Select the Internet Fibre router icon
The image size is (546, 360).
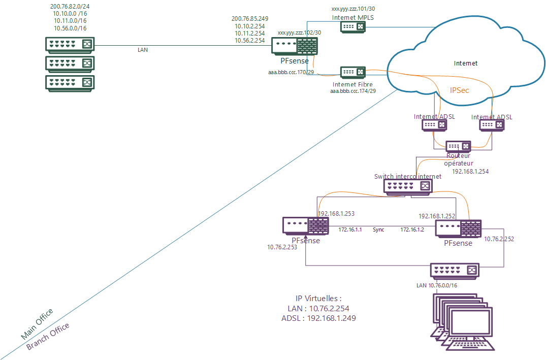(352, 72)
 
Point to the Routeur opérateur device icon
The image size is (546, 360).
(458, 146)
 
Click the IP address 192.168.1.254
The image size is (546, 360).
(470, 172)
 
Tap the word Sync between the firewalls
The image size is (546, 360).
(378, 230)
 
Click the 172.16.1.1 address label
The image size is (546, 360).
(350, 230)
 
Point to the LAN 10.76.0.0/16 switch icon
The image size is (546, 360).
(455, 270)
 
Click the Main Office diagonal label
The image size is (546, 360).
(37, 324)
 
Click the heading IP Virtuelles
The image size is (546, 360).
(318, 298)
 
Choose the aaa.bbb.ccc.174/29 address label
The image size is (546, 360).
(352, 91)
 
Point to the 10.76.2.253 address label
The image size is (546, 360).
(283, 247)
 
